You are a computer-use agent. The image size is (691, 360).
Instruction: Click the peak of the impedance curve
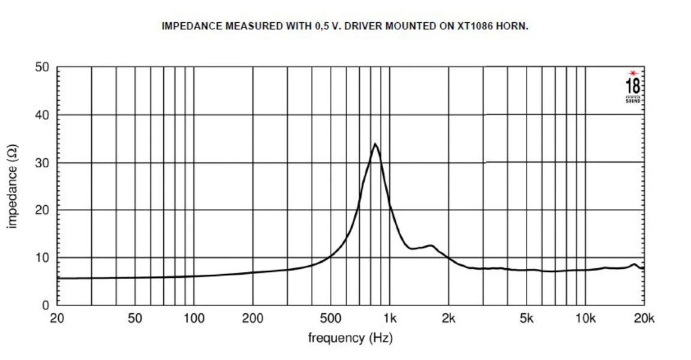[375, 144]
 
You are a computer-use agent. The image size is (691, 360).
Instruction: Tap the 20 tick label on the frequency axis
[57, 319]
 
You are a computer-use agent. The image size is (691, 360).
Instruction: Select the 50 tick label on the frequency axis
[135, 319]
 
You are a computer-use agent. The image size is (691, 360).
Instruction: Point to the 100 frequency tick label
[194, 319]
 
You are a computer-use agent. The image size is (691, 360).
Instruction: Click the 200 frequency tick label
[253, 319]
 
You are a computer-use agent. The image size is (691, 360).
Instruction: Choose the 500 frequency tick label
[331, 319]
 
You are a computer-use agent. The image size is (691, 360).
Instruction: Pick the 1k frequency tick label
[389, 319]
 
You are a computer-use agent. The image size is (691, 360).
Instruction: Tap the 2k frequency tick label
[448, 319]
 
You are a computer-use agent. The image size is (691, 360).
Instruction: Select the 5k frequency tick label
[526, 319]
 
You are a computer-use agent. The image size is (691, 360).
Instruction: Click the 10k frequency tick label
[585, 319]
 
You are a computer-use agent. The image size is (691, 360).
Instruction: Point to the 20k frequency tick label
[644, 319]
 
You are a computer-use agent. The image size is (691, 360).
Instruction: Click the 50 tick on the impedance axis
[42, 67]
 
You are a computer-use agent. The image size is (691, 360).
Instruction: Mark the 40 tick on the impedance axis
[42, 115]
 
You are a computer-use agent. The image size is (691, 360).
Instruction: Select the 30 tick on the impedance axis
[42, 163]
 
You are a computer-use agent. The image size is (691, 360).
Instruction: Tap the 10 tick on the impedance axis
[42, 257]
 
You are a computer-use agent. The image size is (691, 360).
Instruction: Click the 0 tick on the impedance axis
[46, 305]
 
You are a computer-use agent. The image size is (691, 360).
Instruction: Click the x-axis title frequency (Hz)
[350, 338]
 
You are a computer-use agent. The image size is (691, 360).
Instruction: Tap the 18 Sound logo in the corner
[633, 86]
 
